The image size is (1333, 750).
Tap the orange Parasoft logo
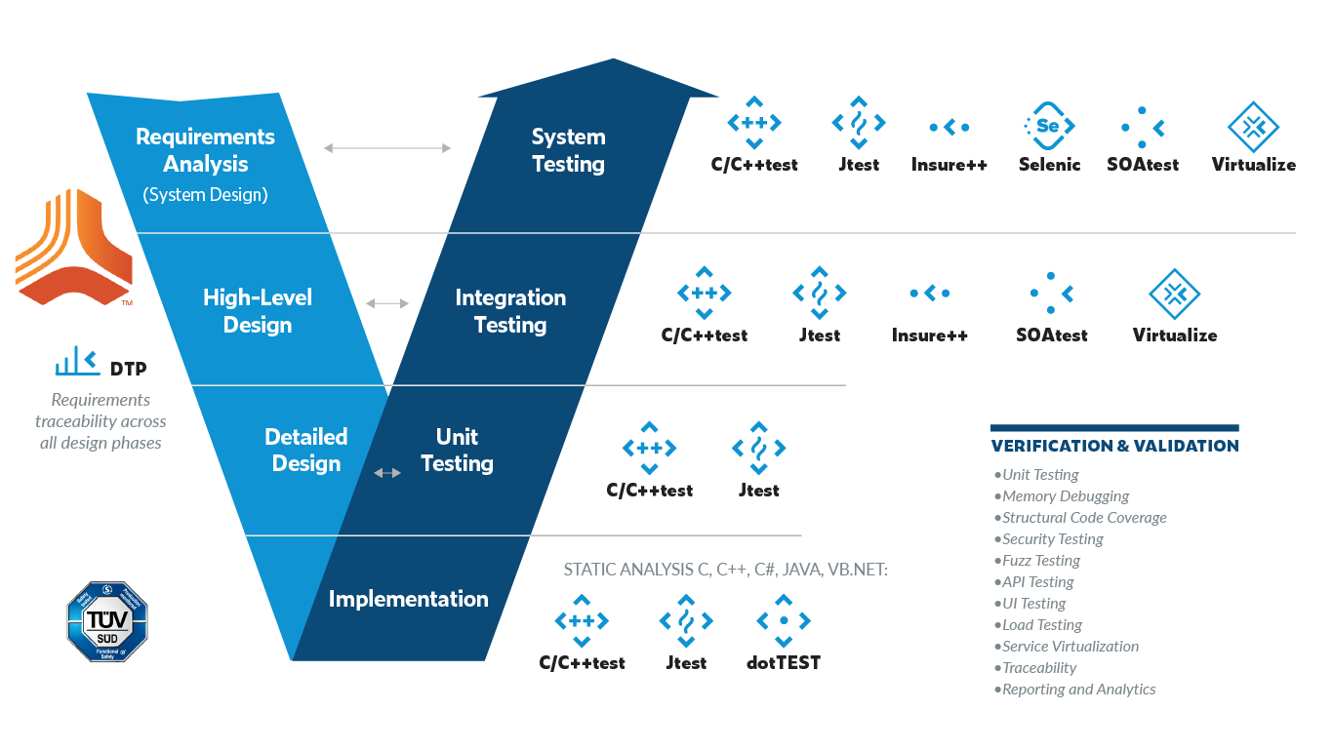pos(74,247)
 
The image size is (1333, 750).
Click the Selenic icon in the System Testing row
pos(1049,126)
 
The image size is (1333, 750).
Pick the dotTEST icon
pos(784,620)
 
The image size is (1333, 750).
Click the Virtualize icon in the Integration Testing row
pos(1175,293)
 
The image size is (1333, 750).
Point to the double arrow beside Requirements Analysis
pos(387,148)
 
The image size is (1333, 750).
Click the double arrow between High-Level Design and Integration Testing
pos(387,303)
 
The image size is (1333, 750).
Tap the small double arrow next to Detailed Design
pos(387,473)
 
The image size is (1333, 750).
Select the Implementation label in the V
pos(408,599)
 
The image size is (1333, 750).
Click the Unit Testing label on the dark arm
pos(457,450)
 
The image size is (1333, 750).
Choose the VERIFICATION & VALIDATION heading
pos(1114,446)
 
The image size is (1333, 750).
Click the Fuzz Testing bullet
pos(1041,561)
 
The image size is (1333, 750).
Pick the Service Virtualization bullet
pos(1070,647)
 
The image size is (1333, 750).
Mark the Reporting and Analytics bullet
pos(1078,690)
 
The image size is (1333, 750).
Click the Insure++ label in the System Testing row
pos(949,165)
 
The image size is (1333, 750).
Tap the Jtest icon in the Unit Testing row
pos(759,448)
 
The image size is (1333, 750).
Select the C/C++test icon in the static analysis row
pos(582,620)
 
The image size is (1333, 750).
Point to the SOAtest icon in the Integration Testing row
pos(1051,293)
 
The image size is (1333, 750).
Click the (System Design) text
pos(205,194)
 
